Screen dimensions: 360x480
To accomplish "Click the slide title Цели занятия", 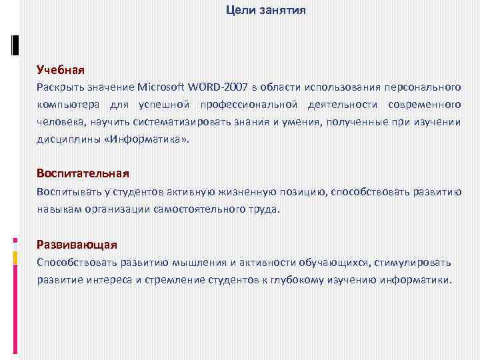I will click(266, 10).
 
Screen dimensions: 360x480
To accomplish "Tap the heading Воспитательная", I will click(83, 173).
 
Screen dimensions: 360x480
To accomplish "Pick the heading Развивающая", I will click(77, 244).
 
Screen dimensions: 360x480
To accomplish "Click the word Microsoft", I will click(163, 87).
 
